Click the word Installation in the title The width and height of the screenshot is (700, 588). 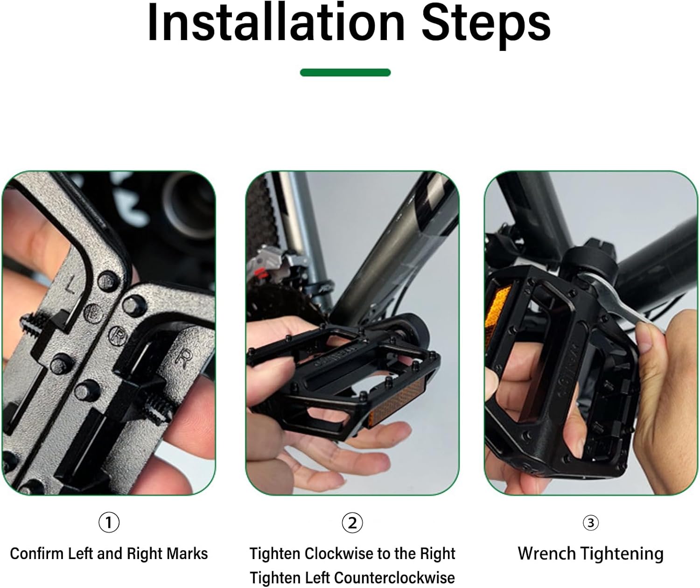pyautogui.click(x=276, y=23)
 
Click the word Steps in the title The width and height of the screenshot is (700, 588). pyautogui.click(x=486, y=26)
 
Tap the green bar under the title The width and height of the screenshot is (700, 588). pyautogui.click(x=345, y=72)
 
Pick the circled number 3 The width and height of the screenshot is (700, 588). pyautogui.click(x=591, y=523)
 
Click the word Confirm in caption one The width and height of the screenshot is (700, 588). pyautogui.click(x=36, y=553)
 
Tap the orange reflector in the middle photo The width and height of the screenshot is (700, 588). pyautogui.click(x=396, y=404)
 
